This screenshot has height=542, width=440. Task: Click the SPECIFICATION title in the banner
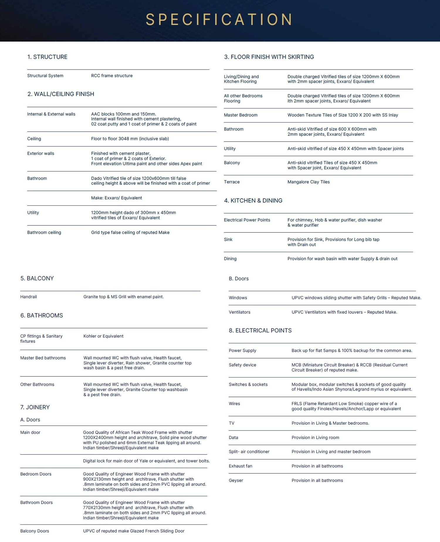pyautogui.click(x=219, y=20)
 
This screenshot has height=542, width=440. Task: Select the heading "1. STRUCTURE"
pyautogui.click(x=47, y=57)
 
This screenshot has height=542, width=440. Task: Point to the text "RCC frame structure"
pyautogui.click(x=112, y=76)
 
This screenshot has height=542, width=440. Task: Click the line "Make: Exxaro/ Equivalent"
pyautogui.click(x=116, y=198)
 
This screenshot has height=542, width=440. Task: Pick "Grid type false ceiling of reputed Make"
pyautogui.click(x=130, y=232)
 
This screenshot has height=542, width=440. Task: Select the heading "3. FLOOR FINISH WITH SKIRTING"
pyautogui.click(x=269, y=57)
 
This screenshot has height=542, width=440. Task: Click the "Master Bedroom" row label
pyautogui.click(x=241, y=115)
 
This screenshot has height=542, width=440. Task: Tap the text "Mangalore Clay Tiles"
pyautogui.click(x=309, y=182)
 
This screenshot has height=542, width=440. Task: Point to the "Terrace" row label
pyautogui.click(x=232, y=182)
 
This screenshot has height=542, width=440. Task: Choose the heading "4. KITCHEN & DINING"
pyautogui.click(x=253, y=201)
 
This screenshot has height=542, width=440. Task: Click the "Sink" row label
pyautogui.click(x=228, y=239)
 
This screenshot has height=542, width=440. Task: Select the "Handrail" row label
pyautogui.click(x=28, y=297)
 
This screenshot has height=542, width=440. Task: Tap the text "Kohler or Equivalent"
pyautogui.click(x=103, y=336)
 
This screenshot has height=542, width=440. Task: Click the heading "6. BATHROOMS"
pyautogui.click(x=42, y=315)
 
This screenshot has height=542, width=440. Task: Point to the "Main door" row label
pyautogui.click(x=30, y=432)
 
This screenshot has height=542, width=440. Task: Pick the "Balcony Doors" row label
pyautogui.click(x=35, y=531)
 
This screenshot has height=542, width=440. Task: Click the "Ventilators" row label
pyautogui.click(x=240, y=312)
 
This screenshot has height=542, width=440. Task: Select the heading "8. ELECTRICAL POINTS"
pyautogui.click(x=260, y=330)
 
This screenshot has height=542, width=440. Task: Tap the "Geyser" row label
pyautogui.click(x=236, y=480)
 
